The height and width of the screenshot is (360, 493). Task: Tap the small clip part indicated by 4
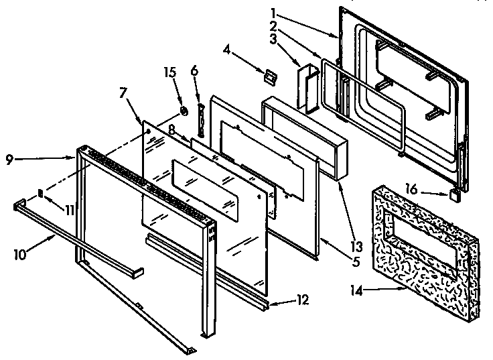pyautogui.click(x=269, y=76)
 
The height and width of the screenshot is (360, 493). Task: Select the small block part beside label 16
pyautogui.click(x=455, y=196)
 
